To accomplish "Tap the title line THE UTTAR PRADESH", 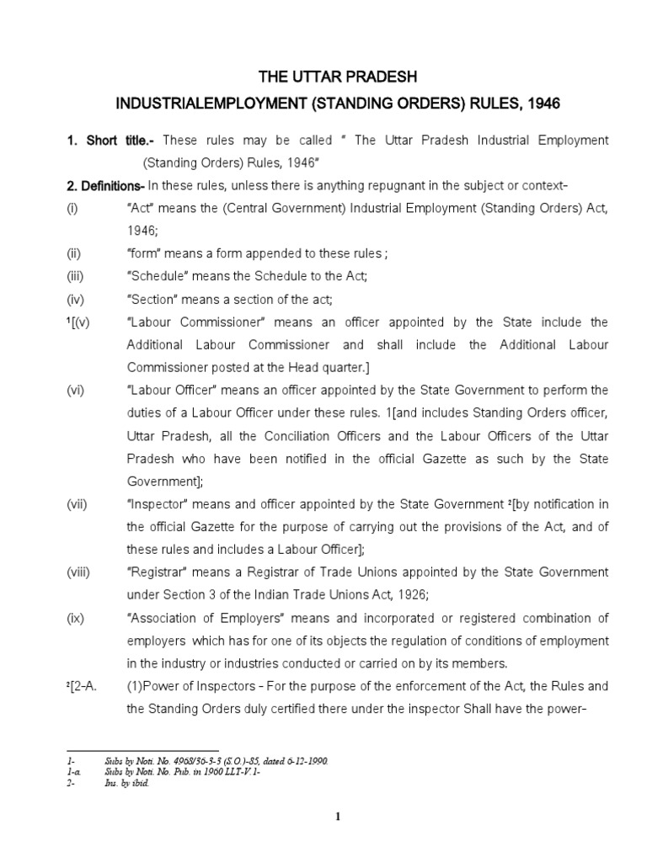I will (337, 77).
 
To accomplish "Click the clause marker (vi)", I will (77, 389).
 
